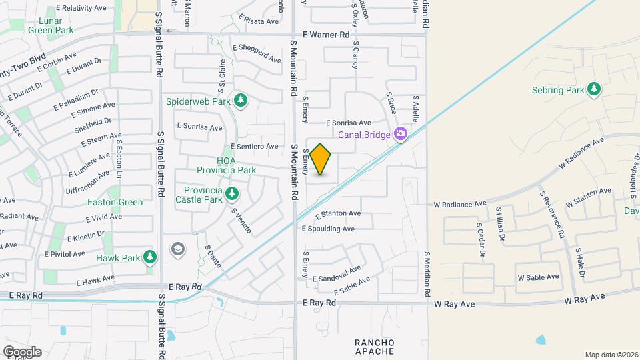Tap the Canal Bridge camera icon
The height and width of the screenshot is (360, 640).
point(400,135)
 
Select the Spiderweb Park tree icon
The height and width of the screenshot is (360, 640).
point(241,101)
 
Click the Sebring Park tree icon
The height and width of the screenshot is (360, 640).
point(593,90)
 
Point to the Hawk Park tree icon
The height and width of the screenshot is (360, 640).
point(150,257)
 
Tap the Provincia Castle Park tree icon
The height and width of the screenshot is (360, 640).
point(232,194)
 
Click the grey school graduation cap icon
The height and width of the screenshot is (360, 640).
point(178,249)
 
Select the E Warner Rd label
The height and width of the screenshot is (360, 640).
point(325,34)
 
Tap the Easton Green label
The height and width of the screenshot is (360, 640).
point(115,202)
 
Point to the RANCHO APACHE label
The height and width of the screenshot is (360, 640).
point(374,347)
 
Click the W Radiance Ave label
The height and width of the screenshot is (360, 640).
point(460,205)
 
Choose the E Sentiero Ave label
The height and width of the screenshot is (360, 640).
point(254,146)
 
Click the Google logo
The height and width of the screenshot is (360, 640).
point(21,351)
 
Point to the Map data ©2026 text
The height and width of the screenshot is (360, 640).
point(611,355)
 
